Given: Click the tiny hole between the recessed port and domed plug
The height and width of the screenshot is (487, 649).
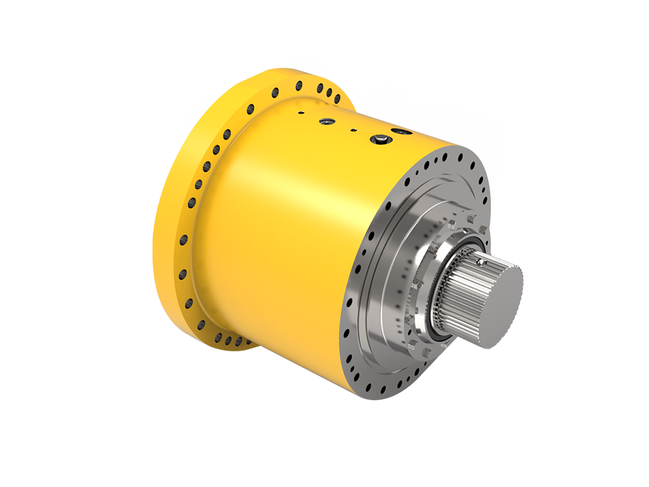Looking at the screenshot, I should point(354,130).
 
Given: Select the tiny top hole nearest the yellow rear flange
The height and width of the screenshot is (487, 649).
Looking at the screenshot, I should point(301,112).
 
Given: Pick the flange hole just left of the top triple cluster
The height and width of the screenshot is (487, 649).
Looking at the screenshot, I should point(299,85).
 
